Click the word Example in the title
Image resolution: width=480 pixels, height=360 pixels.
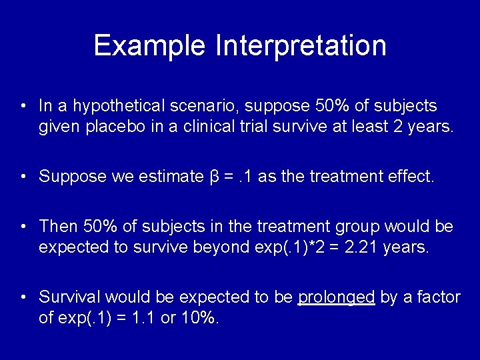151,45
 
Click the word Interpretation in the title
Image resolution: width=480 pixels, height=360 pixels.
301,45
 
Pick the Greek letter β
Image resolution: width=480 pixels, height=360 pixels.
214,177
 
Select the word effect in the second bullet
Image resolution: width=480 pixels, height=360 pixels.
413,177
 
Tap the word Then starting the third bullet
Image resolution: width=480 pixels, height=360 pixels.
57,227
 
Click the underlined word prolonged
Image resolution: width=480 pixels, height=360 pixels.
336,297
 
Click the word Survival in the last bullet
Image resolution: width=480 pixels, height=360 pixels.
70,297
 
